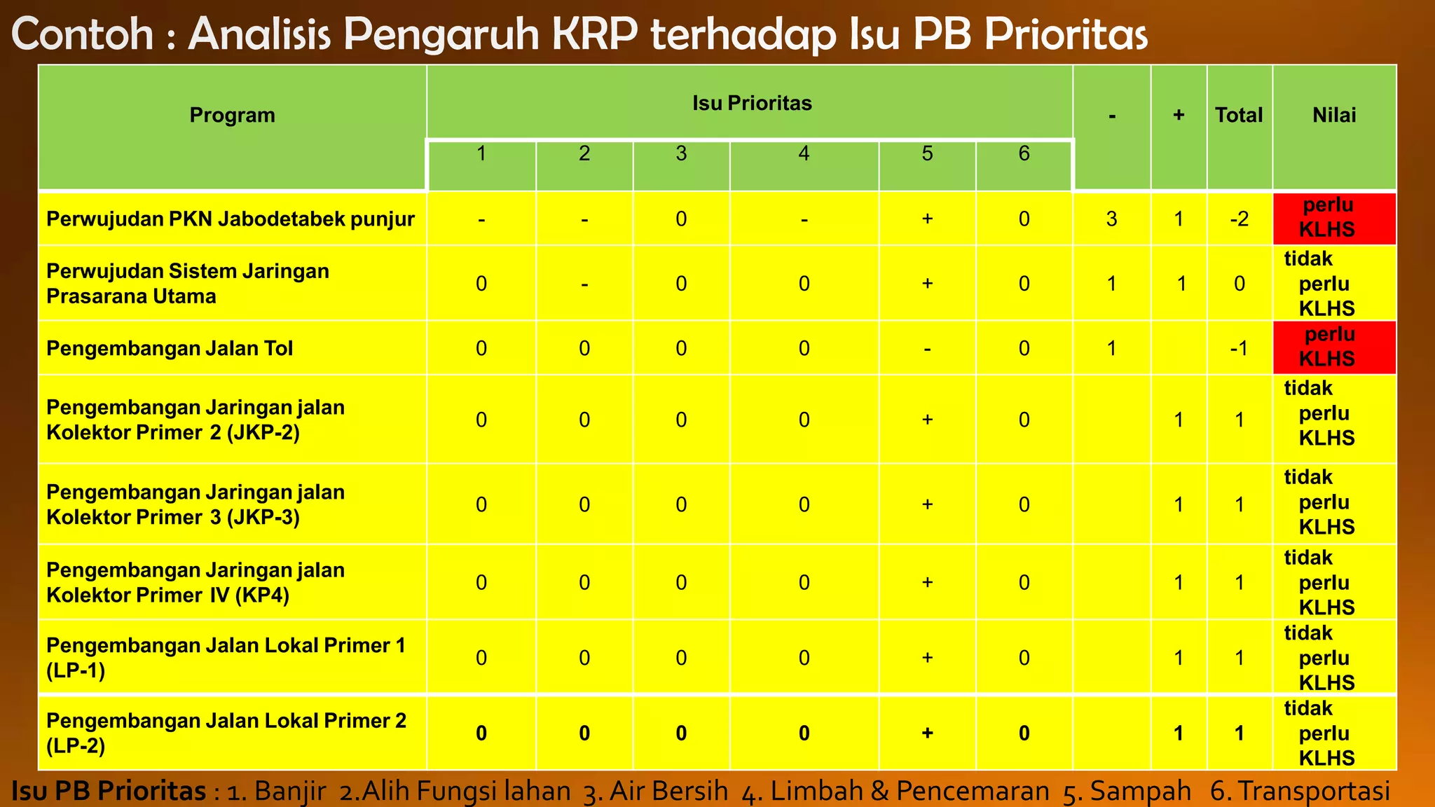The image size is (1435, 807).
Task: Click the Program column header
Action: [232, 115]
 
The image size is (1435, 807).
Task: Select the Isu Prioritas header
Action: [752, 103]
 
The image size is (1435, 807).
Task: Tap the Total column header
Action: [1239, 115]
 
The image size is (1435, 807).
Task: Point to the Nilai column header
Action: [1334, 115]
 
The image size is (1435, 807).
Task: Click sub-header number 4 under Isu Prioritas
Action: [804, 153]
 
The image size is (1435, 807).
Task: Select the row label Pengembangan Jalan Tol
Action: [170, 348]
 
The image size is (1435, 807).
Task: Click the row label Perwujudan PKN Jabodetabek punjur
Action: [231, 219]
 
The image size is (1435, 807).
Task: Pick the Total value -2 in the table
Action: [1239, 219]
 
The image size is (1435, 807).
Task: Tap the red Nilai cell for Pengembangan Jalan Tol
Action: [1334, 347]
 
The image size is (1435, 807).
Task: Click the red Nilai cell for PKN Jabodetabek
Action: [1334, 219]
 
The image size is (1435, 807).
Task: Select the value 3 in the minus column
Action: [1111, 219]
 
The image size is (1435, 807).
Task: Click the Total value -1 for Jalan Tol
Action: [1239, 348]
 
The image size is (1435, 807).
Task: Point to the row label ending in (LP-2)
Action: [226, 733]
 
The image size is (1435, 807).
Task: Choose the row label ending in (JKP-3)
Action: [195, 504]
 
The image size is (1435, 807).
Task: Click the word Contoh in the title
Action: [83, 34]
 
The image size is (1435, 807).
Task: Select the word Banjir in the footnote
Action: [290, 791]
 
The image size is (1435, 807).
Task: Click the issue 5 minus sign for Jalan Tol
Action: [927, 348]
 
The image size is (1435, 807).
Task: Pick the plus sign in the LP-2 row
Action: [927, 733]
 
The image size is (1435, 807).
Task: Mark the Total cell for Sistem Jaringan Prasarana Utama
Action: [1239, 284]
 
